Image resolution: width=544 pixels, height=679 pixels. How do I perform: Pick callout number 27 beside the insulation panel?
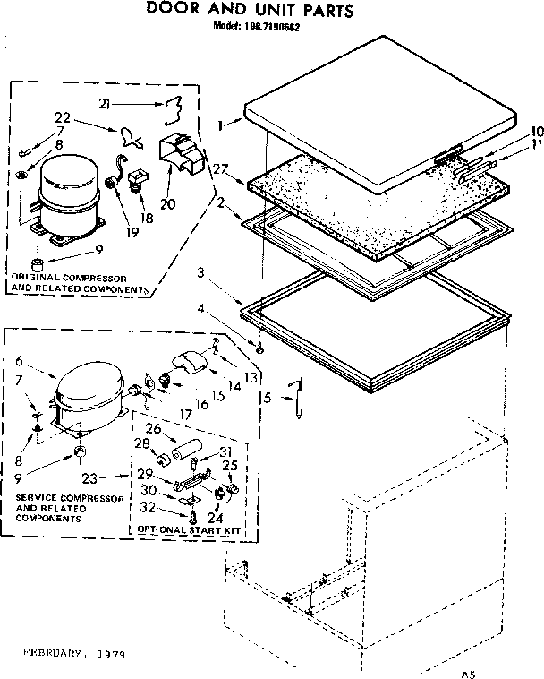221,168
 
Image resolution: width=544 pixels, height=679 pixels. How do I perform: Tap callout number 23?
90,477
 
